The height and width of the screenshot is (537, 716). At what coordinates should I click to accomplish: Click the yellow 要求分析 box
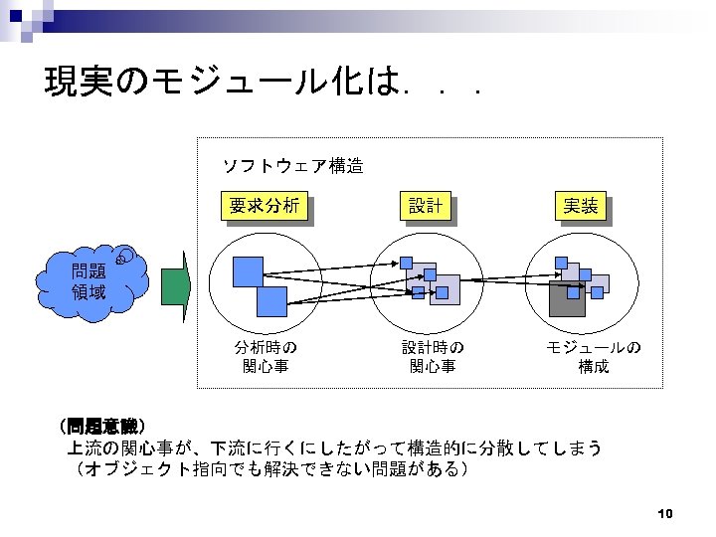pos(264,206)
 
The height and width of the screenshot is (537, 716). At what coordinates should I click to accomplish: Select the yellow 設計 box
pos(425,206)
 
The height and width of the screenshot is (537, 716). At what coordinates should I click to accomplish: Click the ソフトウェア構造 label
pos(291,166)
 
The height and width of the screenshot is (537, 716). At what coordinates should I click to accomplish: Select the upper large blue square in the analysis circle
pos(248,271)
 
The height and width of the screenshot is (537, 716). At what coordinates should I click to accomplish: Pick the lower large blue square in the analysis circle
pos(270,301)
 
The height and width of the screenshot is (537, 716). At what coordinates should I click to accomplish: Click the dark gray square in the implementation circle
pos(567,298)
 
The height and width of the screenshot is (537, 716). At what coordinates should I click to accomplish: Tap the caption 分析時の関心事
pos(266,357)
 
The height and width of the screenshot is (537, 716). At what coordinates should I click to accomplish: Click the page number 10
pos(666,514)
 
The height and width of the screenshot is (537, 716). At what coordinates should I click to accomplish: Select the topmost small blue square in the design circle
pos(409,263)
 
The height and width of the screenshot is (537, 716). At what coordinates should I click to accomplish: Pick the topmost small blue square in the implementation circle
pos(562,263)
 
